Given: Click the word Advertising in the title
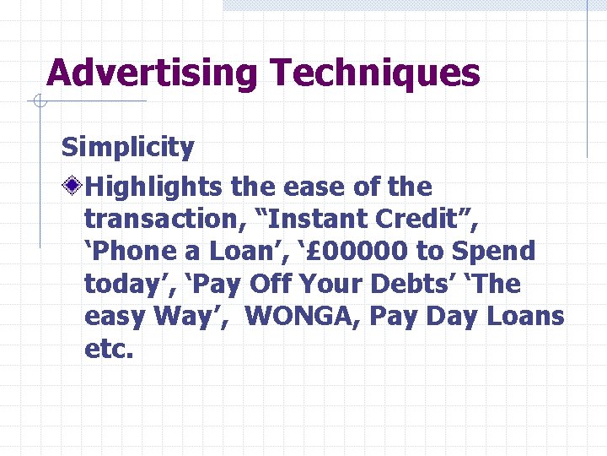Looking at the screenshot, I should (153, 73).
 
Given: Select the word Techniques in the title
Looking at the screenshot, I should (375, 73).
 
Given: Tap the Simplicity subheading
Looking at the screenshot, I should (127, 148).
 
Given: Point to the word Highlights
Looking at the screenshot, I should (154, 187).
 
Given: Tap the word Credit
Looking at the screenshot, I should (421, 220).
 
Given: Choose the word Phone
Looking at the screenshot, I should (126, 252).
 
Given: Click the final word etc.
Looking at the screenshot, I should (109, 349).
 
